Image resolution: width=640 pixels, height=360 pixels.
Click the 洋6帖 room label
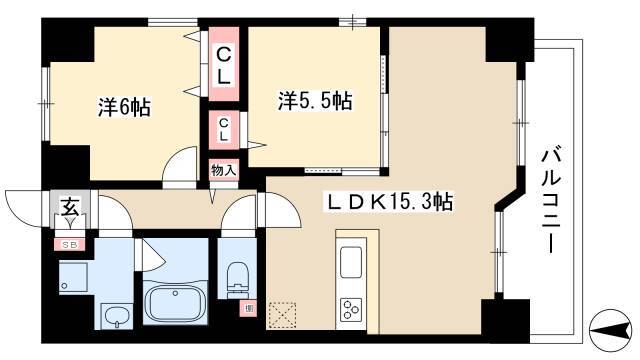coord(124,108)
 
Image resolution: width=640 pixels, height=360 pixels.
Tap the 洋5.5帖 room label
coord(315,100)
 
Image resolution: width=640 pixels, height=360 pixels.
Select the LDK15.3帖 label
coord(388,201)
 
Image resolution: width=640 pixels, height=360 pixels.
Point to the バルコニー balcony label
coord(550,201)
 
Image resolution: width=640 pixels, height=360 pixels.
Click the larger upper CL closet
coord(224,64)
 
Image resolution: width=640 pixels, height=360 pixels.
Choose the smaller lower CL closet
coord(224,130)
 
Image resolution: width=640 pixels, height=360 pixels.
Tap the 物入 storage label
coord(224,170)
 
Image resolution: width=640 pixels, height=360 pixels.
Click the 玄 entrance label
coord(71,206)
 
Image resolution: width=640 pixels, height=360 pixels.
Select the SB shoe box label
coord(70,245)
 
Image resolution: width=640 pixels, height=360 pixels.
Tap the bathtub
coord(176,302)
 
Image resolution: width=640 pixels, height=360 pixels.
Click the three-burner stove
coord(351,309)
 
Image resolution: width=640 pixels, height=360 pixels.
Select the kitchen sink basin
coord(351,262)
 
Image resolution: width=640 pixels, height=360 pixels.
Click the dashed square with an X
coord(283,314)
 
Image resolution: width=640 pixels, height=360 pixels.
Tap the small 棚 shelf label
coord(249,308)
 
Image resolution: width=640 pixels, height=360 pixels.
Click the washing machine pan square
coord(73,277)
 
